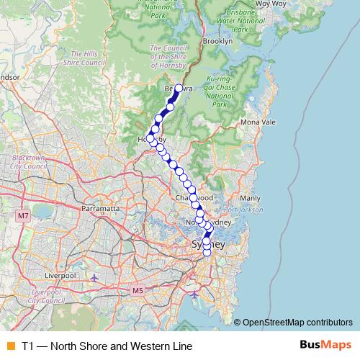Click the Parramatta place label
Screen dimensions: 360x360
[99, 208]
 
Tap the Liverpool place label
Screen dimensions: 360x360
[60, 275]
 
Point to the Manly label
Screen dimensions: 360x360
[249, 197]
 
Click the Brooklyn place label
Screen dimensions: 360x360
[217, 42]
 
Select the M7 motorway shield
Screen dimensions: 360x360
[24, 215]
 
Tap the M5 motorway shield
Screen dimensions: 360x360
[138, 290]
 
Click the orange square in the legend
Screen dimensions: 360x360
[10, 346]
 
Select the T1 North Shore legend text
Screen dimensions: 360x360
[107, 346]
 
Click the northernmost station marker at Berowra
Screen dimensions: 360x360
[179, 89]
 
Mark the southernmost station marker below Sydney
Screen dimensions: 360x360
[207, 252]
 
